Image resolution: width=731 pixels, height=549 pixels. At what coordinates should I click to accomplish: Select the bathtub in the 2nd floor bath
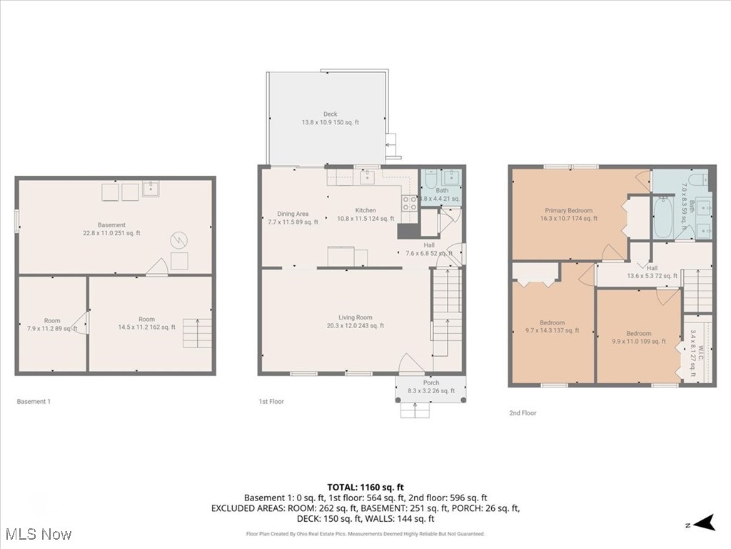point(662,217)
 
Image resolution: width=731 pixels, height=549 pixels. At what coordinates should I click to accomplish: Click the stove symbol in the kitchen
point(410,203)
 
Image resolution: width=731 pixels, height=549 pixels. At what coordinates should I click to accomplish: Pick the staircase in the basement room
point(198,333)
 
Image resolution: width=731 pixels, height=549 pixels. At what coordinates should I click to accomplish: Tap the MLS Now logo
point(37,534)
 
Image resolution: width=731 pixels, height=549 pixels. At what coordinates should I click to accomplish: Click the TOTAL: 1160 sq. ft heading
point(365,486)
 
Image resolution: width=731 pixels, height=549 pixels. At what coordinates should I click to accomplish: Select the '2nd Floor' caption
point(523,413)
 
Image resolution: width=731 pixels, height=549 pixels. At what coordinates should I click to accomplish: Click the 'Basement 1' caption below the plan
point(34,402)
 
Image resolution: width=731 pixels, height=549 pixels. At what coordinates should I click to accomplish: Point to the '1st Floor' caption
point(271,402)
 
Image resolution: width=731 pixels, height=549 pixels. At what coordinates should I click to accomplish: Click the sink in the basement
point(151,189)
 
